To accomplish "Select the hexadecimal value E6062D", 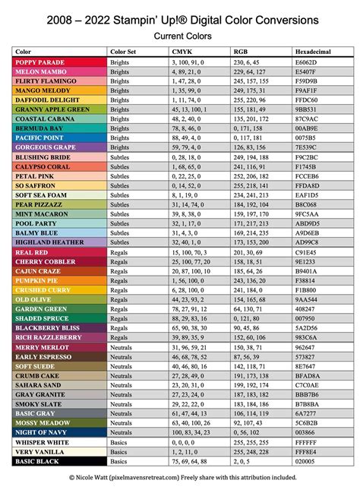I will (307, 61).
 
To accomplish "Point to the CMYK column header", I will (182, 51).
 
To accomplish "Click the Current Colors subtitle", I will (180, 36).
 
